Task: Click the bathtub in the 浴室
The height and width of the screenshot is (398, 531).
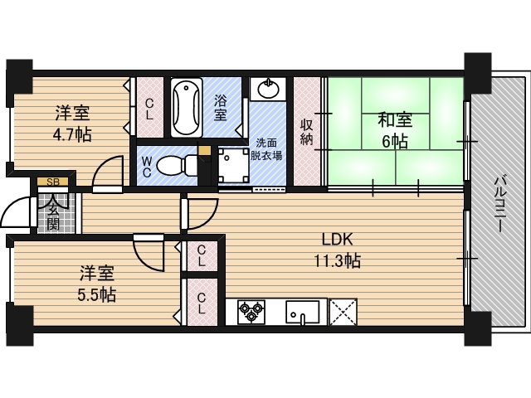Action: tap(186, 109)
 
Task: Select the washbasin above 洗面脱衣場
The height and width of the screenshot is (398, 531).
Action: tap(267, 88)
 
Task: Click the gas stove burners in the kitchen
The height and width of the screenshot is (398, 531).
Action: tap(251, 313)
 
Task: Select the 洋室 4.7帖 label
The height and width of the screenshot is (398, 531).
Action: tap(73, 123)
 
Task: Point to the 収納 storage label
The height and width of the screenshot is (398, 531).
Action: tap(307, 131)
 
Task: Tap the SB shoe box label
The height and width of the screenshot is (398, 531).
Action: tap(52, 182)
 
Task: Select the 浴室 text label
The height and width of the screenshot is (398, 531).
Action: tap(221, 108)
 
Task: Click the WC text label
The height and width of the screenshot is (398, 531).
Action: tap(147, 167)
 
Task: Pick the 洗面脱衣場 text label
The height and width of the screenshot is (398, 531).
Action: tap(267, 148)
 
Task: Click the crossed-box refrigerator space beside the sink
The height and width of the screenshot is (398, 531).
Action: tap(343, 313)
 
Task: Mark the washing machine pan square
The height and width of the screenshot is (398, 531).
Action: tap(234, 164)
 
